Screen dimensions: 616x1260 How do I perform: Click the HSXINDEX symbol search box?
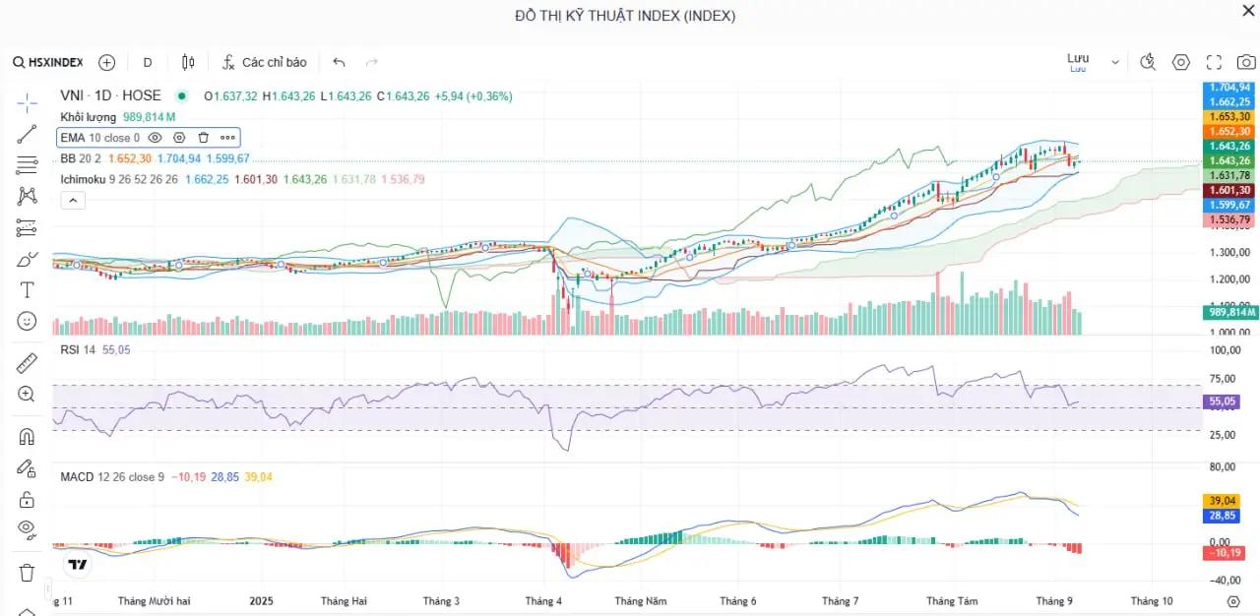click(49, 62)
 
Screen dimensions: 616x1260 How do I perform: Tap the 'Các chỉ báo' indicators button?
click(264, 62)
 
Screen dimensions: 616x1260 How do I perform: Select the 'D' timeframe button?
click(148, 62)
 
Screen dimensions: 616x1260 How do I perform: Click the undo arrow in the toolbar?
click(340, 62)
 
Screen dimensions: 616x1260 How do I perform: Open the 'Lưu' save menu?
click(1093, 61)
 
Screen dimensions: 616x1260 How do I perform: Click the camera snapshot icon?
click(1246, 62)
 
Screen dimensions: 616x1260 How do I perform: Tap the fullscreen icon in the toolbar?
click(1214, 62)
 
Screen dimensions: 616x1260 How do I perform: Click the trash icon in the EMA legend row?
click(204, 138)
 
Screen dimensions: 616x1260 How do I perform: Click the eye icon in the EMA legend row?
click(156, 138)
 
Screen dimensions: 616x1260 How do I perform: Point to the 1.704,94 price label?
click(1230, 87)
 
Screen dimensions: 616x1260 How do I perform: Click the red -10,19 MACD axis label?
click(1230, 552)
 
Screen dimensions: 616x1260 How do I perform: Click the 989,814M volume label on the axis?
click(1230, 312)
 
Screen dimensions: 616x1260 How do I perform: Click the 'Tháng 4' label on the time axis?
click(543, 600)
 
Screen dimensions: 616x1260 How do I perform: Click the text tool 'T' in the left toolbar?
click(27, 290)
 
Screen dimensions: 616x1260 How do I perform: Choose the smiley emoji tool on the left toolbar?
click(27, 321)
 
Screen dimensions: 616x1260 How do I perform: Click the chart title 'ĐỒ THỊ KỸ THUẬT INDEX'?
click(625, 16)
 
